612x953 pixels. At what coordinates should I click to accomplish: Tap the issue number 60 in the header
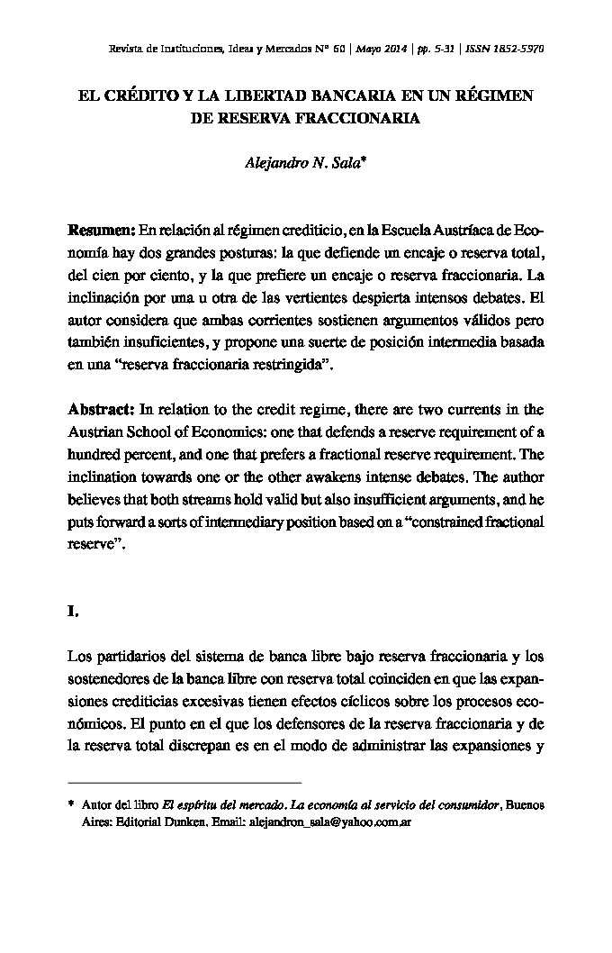pyautogui.click(x=338, y=49)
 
